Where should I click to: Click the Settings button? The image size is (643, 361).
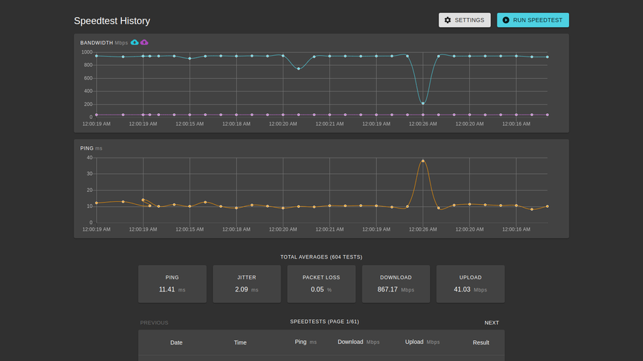pyautogui.click(x=464, y=20)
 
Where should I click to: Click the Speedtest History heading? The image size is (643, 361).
pyautogui.click(x=112, y=21)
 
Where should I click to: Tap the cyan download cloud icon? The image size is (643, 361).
pyautogui.click(x=134, y=42)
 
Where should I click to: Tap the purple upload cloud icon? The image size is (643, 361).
pyautogui.click(x=144, y=42)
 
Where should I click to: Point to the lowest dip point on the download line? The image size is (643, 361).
pyautogui.click(x=423, y=103)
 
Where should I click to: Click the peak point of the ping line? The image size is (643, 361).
pyautogui.click(x=423, y=160)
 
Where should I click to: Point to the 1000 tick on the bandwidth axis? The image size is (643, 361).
pyautogui.click(x=87, y=52)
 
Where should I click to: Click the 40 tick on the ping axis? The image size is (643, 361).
pyautogui.click(x=90, y=158)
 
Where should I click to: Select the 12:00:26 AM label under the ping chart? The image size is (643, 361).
pyautogui.click(x=423, y=229)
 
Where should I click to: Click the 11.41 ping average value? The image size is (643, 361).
pyautogui.click(x=167, y=289)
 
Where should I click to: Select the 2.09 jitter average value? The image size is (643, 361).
pyautogui.click(x=241, y=289)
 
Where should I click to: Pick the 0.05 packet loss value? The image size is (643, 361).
pyautogui.click(x=317, y=289)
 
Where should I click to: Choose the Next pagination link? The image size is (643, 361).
pyautogui.click(x=491, y=323)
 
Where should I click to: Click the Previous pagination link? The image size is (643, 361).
pyautogui.click(x=154, y=323)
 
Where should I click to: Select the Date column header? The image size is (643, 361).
pyautogui.click(x=177, y=342)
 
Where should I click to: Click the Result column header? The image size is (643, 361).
pyautogui.click(x=481, y=342)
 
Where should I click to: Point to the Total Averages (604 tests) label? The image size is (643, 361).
pyautogui.click(x=321, y=256)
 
